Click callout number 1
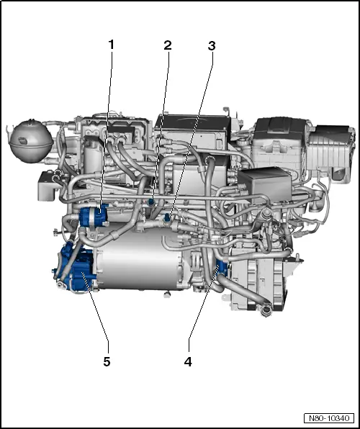coord(112,45)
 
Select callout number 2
coord(168,45)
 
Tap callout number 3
coord(212,45)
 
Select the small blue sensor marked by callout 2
coord(153,202)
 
